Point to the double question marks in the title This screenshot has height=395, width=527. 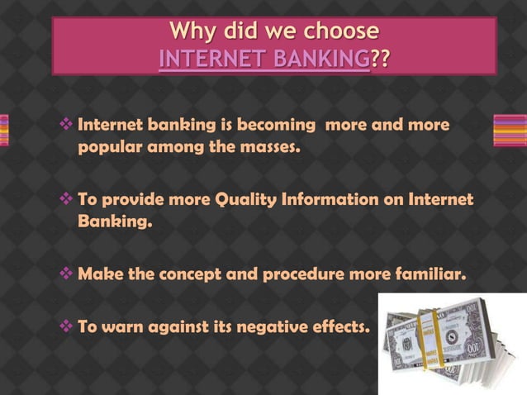coord(381,59)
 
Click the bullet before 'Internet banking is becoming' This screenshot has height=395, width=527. coord(68,126)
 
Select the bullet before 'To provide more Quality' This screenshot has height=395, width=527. coord(68,200)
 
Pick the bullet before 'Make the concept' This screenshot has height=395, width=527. coord(68,274)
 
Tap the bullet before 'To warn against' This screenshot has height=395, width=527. coord(68,326)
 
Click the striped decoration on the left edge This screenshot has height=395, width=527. coord(4,131)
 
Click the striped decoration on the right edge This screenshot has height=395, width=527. coord(510,131)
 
